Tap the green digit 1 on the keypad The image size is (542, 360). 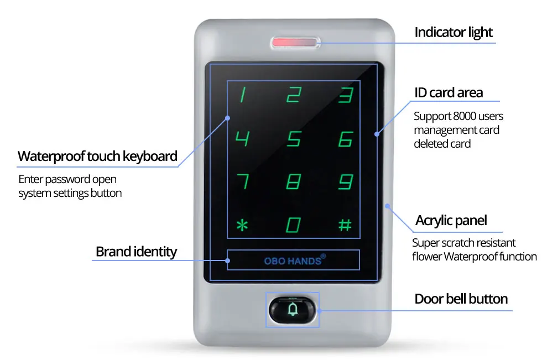[x=243, y=95]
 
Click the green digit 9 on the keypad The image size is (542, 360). [x=346, y=182]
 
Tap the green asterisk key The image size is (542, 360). [x=242, y=225]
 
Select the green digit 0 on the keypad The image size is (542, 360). [x=293, y=225]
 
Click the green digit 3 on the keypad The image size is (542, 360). [x=346, y=95]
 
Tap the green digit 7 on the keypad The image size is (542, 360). [x=243, y=181]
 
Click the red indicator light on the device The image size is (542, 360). [x=294, y=43]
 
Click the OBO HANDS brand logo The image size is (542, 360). [x=295, y=260]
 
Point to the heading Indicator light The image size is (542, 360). [x=453, y=33]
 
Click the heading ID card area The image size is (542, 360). [x=449, y=92]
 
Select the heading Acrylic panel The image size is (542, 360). [x=451, y=221]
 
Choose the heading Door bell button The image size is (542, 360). [x=461, y=299]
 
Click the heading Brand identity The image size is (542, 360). [x=136, y=252]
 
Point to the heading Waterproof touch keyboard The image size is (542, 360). [x=97, y=156]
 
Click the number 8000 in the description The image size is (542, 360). [x=464, y=116]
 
